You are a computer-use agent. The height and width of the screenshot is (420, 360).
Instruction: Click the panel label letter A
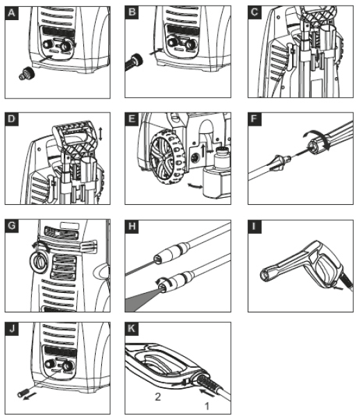point(12,13)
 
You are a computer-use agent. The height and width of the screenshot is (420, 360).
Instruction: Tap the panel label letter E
point(132,119)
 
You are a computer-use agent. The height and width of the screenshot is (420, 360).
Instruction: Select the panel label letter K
point(131,328)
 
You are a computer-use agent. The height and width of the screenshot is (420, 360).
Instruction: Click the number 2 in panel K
point(158,396)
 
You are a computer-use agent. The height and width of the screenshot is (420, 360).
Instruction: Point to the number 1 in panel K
point(207,406)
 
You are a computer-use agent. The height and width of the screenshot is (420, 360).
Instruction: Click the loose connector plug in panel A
point(27,73)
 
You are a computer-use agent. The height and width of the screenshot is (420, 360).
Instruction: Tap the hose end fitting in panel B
point(134,62)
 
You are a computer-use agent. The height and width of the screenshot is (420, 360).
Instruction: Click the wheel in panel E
point(167,158)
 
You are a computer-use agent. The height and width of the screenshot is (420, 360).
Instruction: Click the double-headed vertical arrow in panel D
point(101,134)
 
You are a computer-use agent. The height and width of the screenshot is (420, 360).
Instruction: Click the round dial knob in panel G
point(40,262)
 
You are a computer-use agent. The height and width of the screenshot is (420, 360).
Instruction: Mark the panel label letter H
point(132,226)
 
